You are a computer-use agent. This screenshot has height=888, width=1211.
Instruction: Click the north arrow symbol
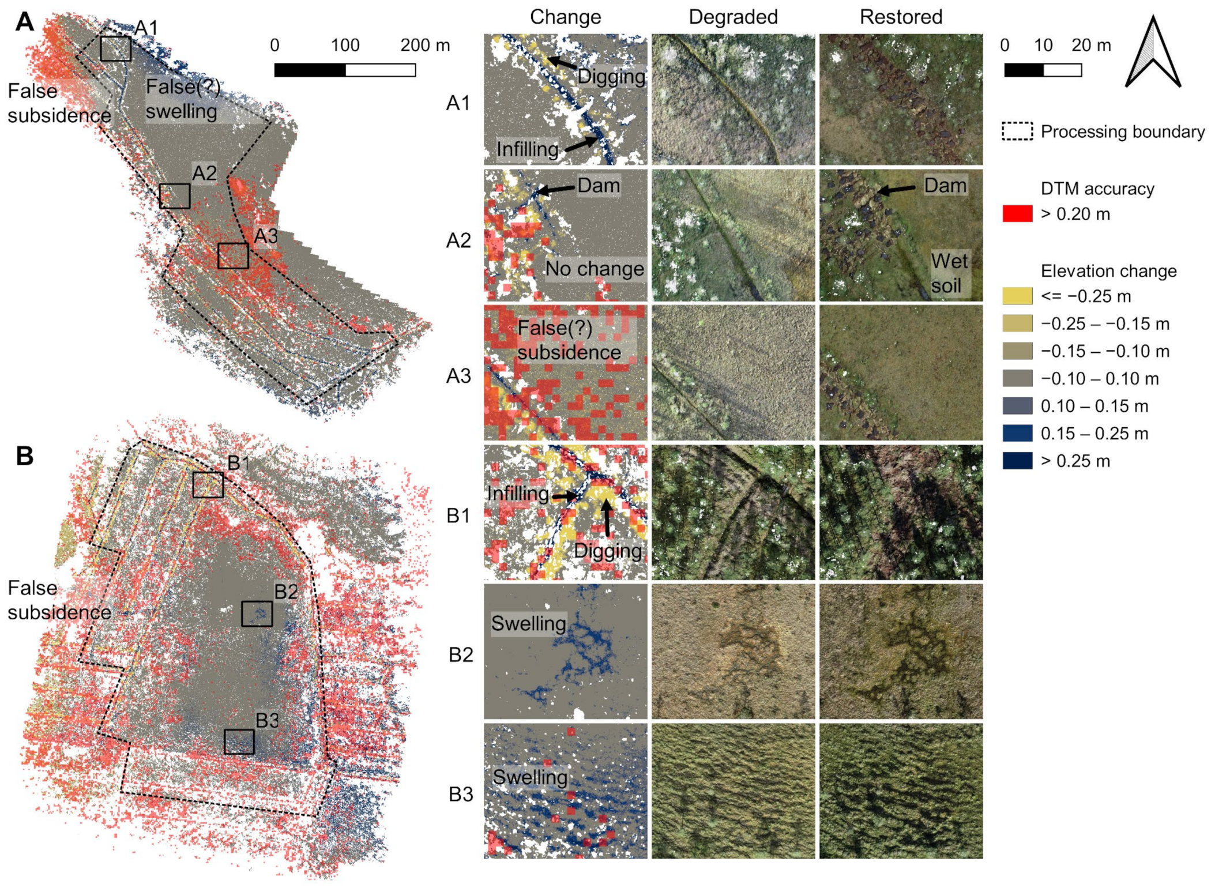[1153, 53]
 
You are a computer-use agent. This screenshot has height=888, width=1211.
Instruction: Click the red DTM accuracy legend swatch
[1017, 214]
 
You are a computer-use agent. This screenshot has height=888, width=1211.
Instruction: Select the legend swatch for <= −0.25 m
[1017, 296]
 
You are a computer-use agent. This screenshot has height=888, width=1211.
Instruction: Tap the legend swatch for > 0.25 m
[1017, 461]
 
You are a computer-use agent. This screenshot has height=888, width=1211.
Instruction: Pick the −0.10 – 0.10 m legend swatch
[1017, 378]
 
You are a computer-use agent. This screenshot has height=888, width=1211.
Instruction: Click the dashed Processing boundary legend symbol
[1017, 131]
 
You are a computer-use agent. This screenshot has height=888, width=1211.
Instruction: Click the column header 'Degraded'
[733, 17]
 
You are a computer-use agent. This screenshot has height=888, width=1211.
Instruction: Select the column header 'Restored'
[901, 17]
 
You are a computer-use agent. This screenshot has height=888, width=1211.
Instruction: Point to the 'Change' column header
[565, 17]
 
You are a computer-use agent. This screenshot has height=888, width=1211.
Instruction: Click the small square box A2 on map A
[175, 196]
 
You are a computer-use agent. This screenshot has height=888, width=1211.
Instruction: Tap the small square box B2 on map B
[257, 614]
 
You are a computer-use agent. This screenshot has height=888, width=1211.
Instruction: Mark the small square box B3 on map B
[239, 742]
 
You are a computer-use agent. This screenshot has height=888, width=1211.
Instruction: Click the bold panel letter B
[25, 456]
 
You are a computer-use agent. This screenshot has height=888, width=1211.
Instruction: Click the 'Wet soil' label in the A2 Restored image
[949, 273]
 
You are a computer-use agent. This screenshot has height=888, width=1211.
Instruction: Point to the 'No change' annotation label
[595, 269]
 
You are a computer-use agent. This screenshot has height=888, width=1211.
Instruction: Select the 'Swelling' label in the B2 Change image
[529, 623]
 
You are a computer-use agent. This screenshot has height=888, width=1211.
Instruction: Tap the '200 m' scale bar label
[425, 45]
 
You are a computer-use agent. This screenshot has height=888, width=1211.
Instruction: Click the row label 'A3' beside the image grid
[458, 376]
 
